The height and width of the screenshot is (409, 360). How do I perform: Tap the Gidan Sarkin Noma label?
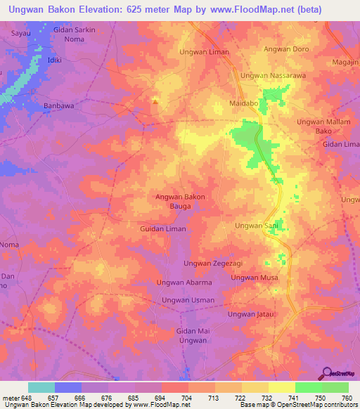[74, 34]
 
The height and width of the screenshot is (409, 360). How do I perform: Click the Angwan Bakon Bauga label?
[180, 201]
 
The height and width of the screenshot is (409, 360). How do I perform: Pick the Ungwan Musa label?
[255, 278]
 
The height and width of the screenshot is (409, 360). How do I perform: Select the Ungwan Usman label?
[188, 301]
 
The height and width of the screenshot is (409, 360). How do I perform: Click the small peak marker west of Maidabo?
[155, 104]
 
